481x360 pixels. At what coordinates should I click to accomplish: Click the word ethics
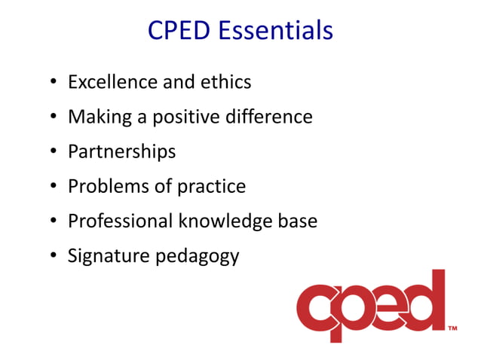coord(225,81)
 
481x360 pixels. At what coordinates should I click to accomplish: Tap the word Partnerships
coord(121,152)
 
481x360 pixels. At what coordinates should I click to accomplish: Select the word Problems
coord(103,186)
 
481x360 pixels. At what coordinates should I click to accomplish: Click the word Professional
coord(120,221)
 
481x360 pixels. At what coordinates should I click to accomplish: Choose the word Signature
coord(109,257)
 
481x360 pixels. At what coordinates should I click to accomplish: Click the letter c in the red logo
coord(320,310)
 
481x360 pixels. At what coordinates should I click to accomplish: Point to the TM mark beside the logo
coord(453,328)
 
